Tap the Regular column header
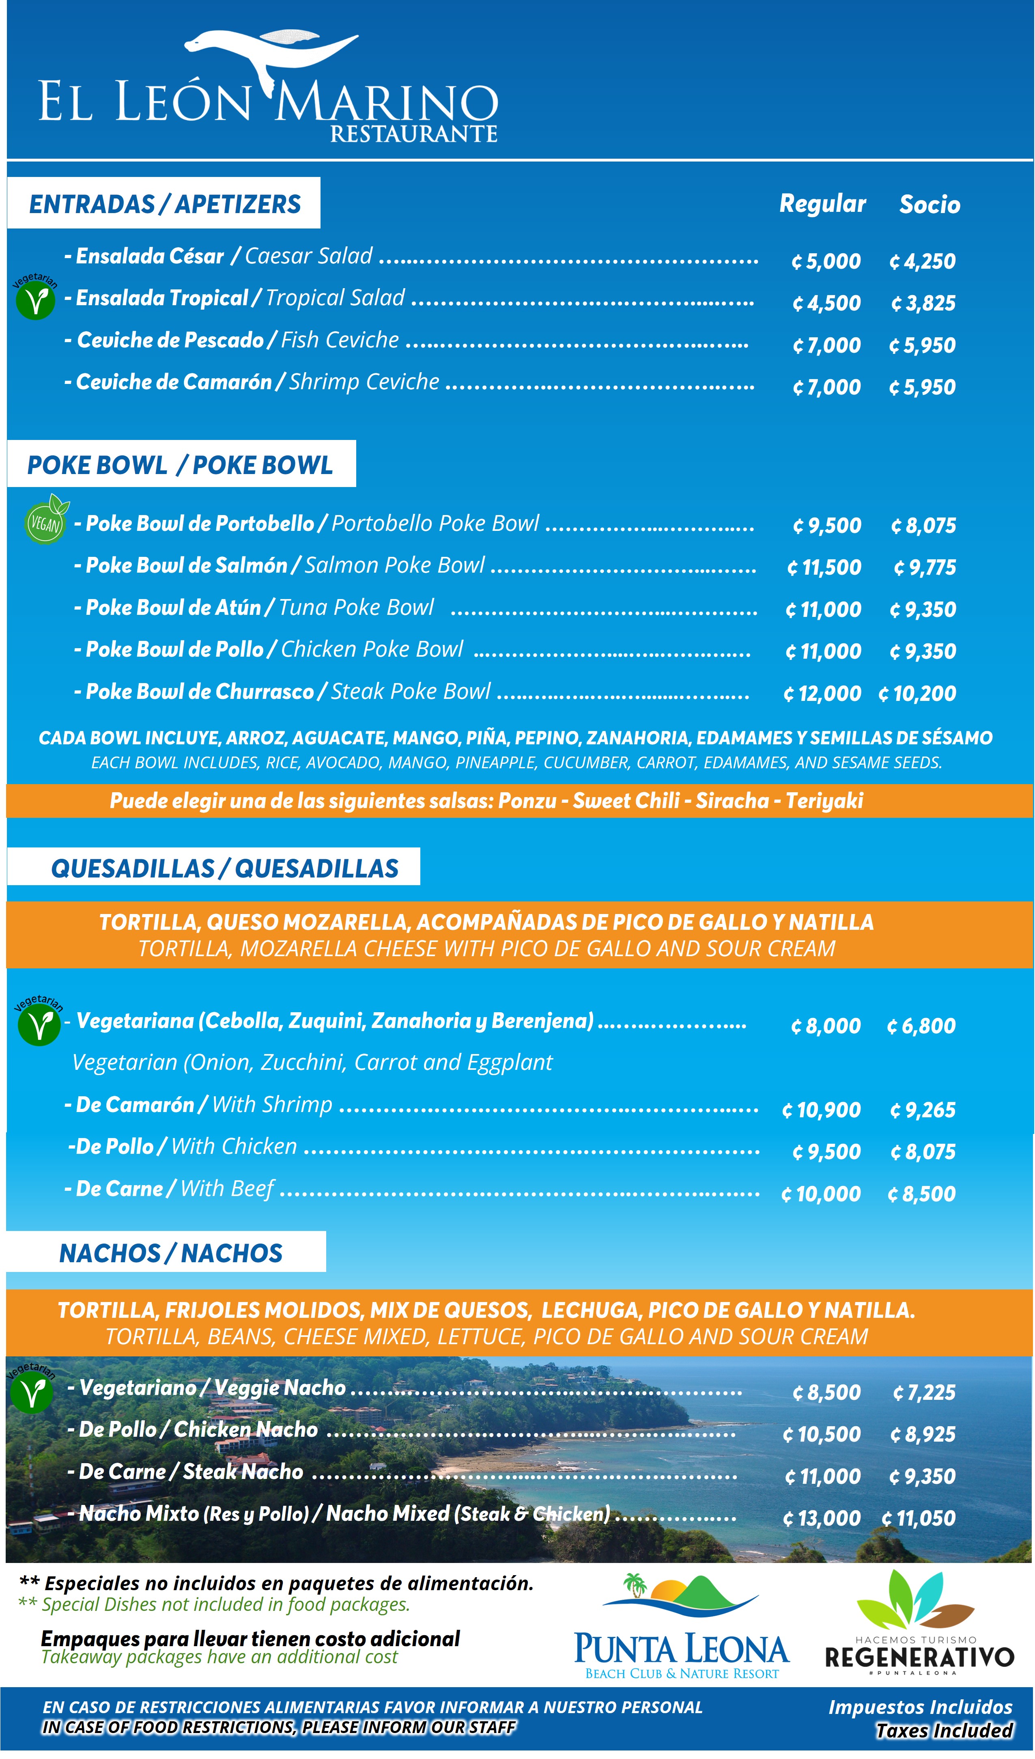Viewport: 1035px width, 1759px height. coord(822,204)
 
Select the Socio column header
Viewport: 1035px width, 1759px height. coord(929,205)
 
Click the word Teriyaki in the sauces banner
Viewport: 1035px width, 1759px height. coord(824,801)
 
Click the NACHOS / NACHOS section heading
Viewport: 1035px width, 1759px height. coord(170,1254)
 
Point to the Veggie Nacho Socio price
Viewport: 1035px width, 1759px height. coord(924,1393)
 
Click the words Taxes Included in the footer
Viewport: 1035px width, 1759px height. coord(944,1730)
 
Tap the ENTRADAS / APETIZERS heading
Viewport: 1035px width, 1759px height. coord(165,204)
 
